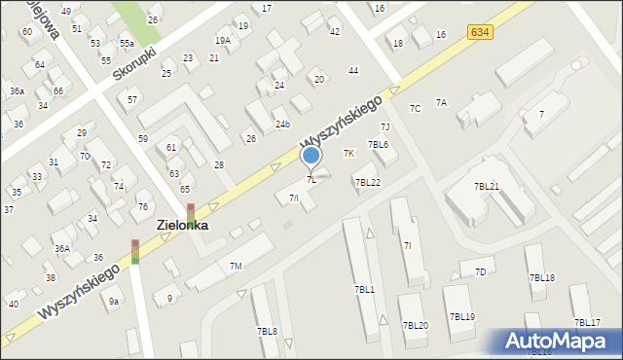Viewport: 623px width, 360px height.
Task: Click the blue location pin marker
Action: [311, 156]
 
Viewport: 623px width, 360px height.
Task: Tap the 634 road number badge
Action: [479, 32]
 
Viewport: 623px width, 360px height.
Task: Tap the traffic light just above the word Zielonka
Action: [191, 210]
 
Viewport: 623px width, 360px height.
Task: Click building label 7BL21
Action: [487, 186]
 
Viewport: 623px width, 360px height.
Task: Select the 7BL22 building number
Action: [367, 182]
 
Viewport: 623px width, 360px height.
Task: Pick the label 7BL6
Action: [378, 145]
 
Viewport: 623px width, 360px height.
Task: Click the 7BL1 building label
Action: [364, 289]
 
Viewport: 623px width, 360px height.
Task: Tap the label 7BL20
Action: [416, 325]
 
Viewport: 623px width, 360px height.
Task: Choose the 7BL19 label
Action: [462, 317]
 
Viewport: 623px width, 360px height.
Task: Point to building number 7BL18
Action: [542, 278]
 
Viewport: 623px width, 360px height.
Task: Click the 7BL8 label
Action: [267, 331]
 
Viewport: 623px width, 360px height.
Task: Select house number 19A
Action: [223, 41]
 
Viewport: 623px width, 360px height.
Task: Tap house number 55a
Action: [127, 44]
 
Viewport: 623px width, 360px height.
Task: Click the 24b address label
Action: [282, 125]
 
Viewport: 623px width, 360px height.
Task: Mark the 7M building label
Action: [236, 266]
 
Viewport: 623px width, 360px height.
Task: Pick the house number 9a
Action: [114, 302]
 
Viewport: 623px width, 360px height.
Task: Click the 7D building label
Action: [480, 271]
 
